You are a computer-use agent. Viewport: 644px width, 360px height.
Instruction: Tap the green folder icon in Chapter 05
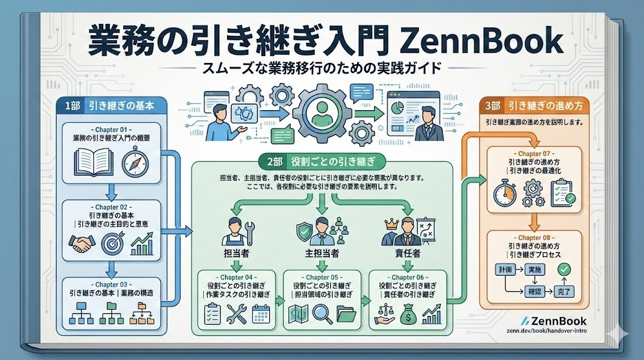click(x=347, y=313)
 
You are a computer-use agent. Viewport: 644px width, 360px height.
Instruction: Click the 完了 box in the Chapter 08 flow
click(x=565, y=291)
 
